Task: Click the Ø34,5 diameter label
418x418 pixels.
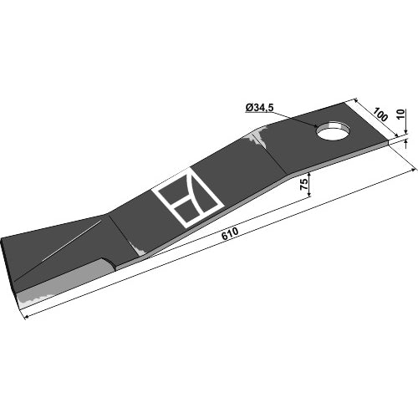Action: pos(260,108)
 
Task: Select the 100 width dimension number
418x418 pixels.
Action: pos(380,115)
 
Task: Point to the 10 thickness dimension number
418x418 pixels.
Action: pos(400,114)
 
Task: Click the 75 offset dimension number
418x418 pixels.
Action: pos(304,184)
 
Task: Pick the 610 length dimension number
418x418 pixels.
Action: pos(230,234)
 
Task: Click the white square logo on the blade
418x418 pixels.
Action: pos(190,198)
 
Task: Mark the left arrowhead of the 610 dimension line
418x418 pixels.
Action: pos(28,316)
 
